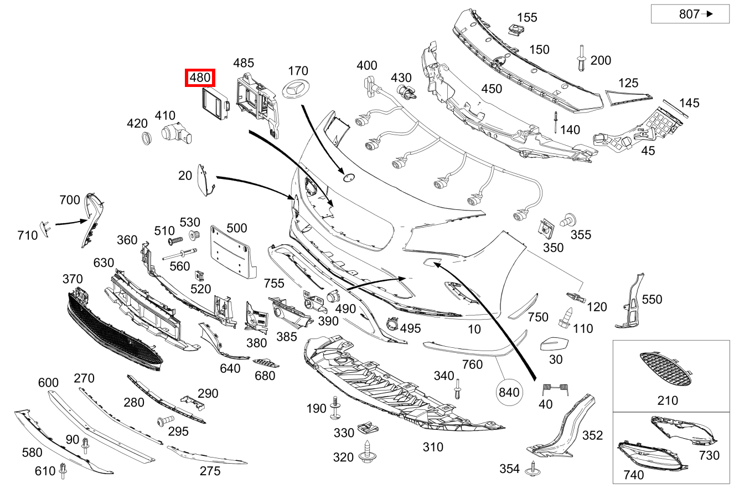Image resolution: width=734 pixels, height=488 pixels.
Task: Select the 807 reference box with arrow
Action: coord(690,14)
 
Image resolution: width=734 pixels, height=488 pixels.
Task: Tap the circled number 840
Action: coord(509,392)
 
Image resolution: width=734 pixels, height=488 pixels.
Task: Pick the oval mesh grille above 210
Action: coord(665,370)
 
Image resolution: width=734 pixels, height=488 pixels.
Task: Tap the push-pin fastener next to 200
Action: coord(581,58)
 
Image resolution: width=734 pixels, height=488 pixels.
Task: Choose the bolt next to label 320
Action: coord(368,453)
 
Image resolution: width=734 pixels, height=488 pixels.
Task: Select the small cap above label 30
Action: coord(554,344)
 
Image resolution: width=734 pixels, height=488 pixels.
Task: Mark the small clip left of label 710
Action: coord(44,227)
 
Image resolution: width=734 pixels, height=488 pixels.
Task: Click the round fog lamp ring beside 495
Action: coord(392,323)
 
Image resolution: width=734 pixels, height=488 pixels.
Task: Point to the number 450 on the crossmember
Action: coord(492,89)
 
